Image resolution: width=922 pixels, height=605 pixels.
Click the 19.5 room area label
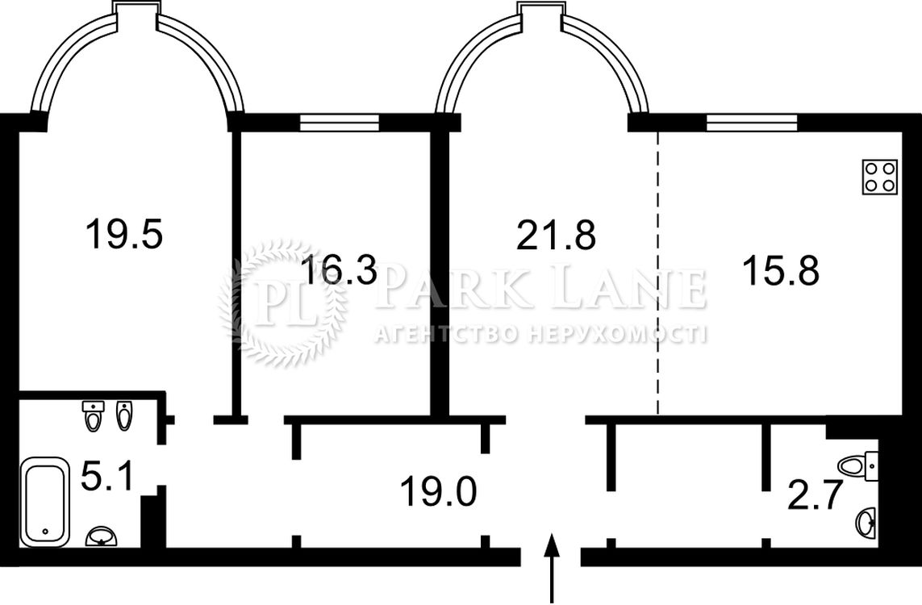[123, 233]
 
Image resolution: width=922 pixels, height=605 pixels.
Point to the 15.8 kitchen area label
[781, 270]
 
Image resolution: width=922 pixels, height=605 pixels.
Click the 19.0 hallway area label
[438, 491]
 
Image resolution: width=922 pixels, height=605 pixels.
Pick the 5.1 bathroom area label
[106, 476]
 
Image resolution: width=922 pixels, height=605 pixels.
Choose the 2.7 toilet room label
[815, 495]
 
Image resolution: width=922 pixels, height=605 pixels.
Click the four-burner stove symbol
[880, 177]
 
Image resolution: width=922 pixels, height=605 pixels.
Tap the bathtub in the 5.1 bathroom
[44, 502]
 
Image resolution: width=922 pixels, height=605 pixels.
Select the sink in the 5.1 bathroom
[103, 536]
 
